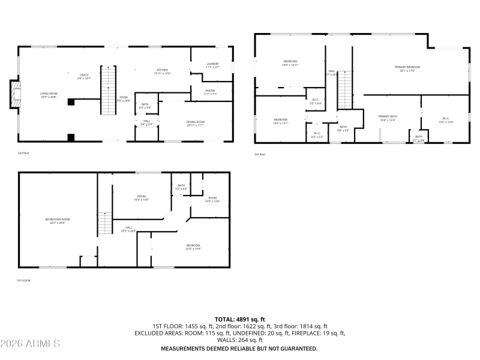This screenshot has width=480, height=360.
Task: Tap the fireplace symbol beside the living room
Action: [14, 95]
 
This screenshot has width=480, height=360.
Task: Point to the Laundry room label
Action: [212, 65]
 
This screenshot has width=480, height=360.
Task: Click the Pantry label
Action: [210, 92]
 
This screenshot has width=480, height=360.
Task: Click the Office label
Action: [83, 76]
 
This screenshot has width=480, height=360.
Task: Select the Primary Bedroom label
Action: [407, 68]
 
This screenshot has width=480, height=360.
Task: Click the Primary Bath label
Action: [388, 118]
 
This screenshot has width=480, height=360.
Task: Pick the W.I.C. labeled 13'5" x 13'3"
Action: [446, 119]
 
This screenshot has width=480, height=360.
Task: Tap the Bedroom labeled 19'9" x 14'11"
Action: [290, 63]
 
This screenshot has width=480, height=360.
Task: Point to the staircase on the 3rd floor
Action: [345, 90]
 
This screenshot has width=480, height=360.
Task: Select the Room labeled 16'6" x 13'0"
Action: [142, 197]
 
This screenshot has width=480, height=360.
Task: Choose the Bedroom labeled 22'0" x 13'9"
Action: [193, 246]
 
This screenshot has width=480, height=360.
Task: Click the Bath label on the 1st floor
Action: [181, 187]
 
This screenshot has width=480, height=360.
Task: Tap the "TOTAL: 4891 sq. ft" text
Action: [240, 319]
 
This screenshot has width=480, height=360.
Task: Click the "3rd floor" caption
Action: [260, 154]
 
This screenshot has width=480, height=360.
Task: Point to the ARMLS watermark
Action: [30, 344]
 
